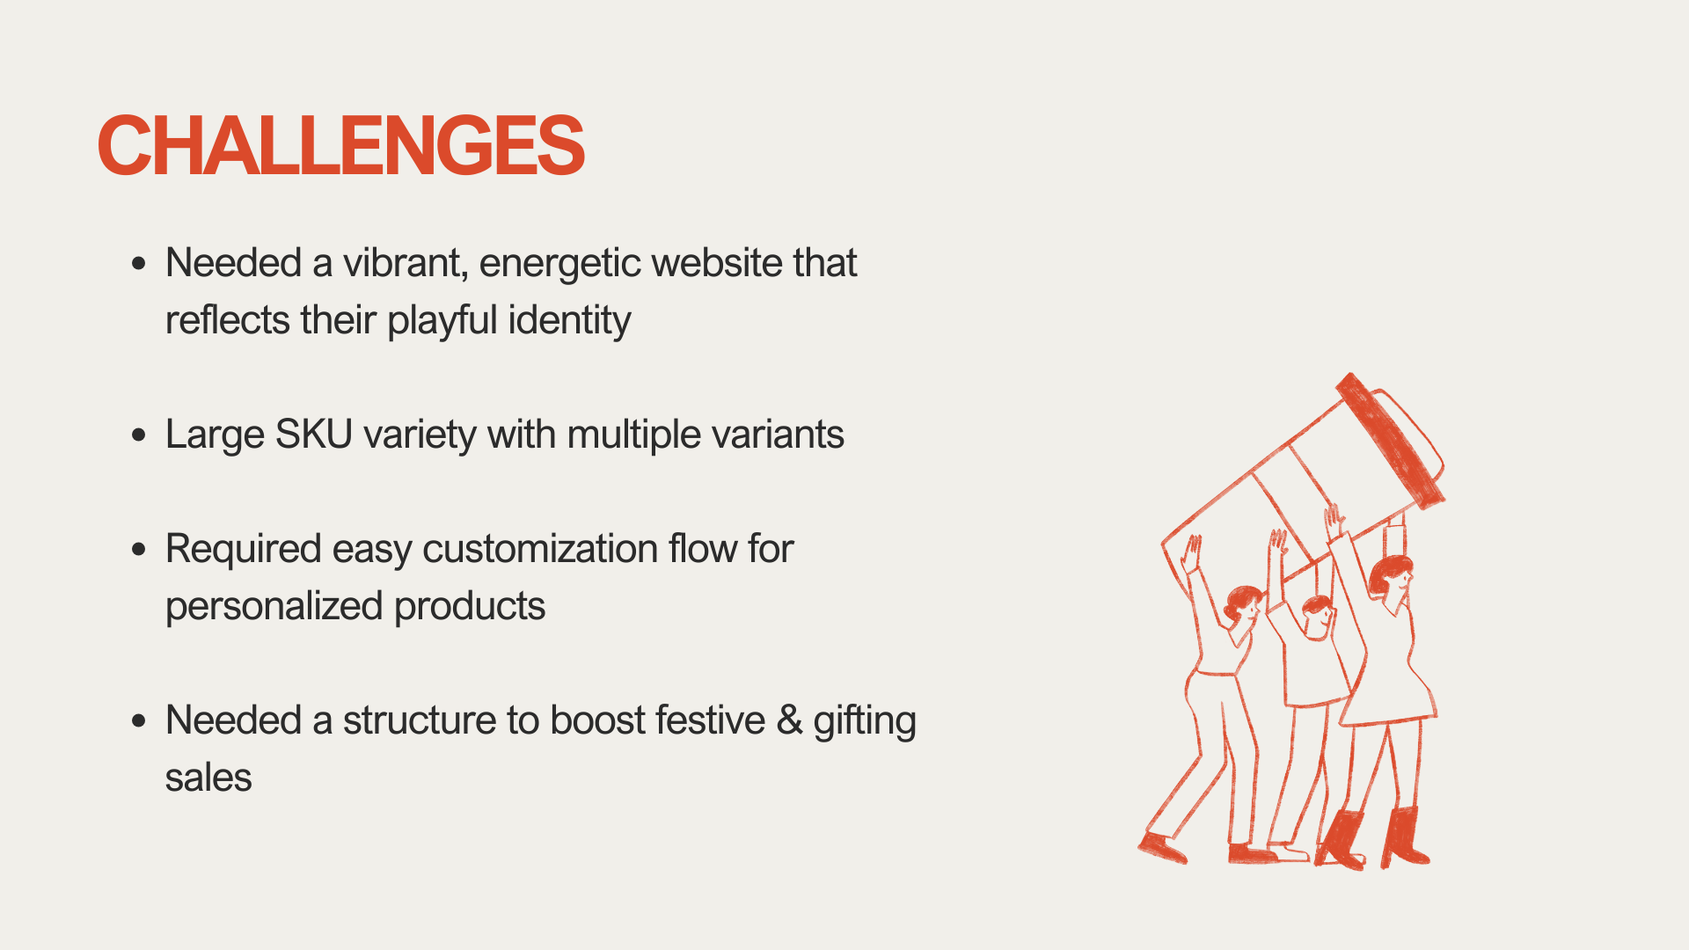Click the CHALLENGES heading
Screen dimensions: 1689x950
coord(340,145)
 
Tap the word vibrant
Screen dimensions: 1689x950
coord(404,263)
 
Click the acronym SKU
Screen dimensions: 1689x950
coord(314,435)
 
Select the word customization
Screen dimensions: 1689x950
coord(540,549)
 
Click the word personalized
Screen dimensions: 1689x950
coord(274,607)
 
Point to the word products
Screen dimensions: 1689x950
coord(470,606)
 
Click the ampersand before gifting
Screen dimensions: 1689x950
coord(789,720)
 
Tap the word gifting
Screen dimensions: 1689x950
coord(865,721)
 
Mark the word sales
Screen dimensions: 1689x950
coord(208,778)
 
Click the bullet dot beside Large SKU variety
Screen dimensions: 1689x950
coord(138,435)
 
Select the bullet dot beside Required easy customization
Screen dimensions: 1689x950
coord(138,549)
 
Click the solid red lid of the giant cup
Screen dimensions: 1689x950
coord(1390,440)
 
